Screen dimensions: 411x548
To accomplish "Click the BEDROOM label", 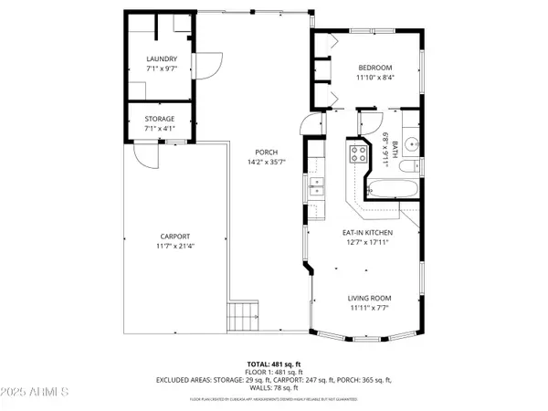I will click(x=374, y=68).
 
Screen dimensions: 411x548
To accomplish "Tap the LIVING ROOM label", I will click(x=369, y=299).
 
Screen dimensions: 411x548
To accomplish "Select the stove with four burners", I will click(x=355, y=154).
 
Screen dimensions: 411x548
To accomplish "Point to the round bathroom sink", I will click(x=411, y=142).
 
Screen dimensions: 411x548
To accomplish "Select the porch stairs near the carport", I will click(x=242, y=319).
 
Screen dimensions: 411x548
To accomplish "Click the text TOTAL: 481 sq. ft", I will click(x=273, y=364).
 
